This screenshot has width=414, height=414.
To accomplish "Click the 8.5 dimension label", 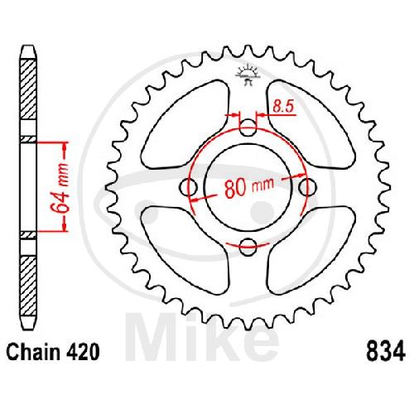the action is (284, 106).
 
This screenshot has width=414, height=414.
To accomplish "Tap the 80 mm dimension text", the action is (249, 187).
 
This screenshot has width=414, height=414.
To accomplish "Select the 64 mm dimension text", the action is (61, 189).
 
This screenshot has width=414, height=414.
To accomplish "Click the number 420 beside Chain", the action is (82, 352).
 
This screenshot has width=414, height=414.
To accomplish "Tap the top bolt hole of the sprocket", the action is (248, 128).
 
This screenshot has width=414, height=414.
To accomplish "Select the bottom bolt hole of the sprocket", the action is (248, 247).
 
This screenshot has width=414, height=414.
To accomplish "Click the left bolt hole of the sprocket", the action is (188, 187).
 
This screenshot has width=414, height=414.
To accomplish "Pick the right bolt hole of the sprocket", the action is (307, 187).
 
